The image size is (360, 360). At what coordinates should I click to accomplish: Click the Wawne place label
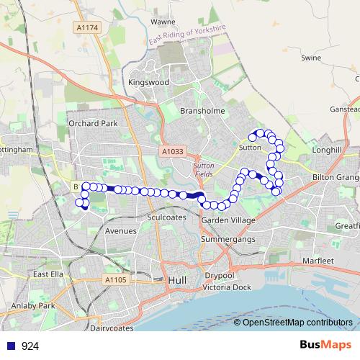(x=163, y=22)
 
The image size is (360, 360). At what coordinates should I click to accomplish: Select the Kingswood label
(x=148, y=83)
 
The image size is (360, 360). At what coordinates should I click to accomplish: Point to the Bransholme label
(x=202, y=112)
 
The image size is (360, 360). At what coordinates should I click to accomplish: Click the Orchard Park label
(x=93, y=123)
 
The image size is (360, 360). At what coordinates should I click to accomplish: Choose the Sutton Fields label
(x=204, y=168)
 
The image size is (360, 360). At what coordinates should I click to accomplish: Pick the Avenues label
(x=120, y=231)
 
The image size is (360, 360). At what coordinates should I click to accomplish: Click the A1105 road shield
(x=115, y=279)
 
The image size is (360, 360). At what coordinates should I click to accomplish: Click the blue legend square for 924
(x=10, y=346)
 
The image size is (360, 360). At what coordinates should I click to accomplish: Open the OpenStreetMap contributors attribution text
(x=297, y=322)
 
